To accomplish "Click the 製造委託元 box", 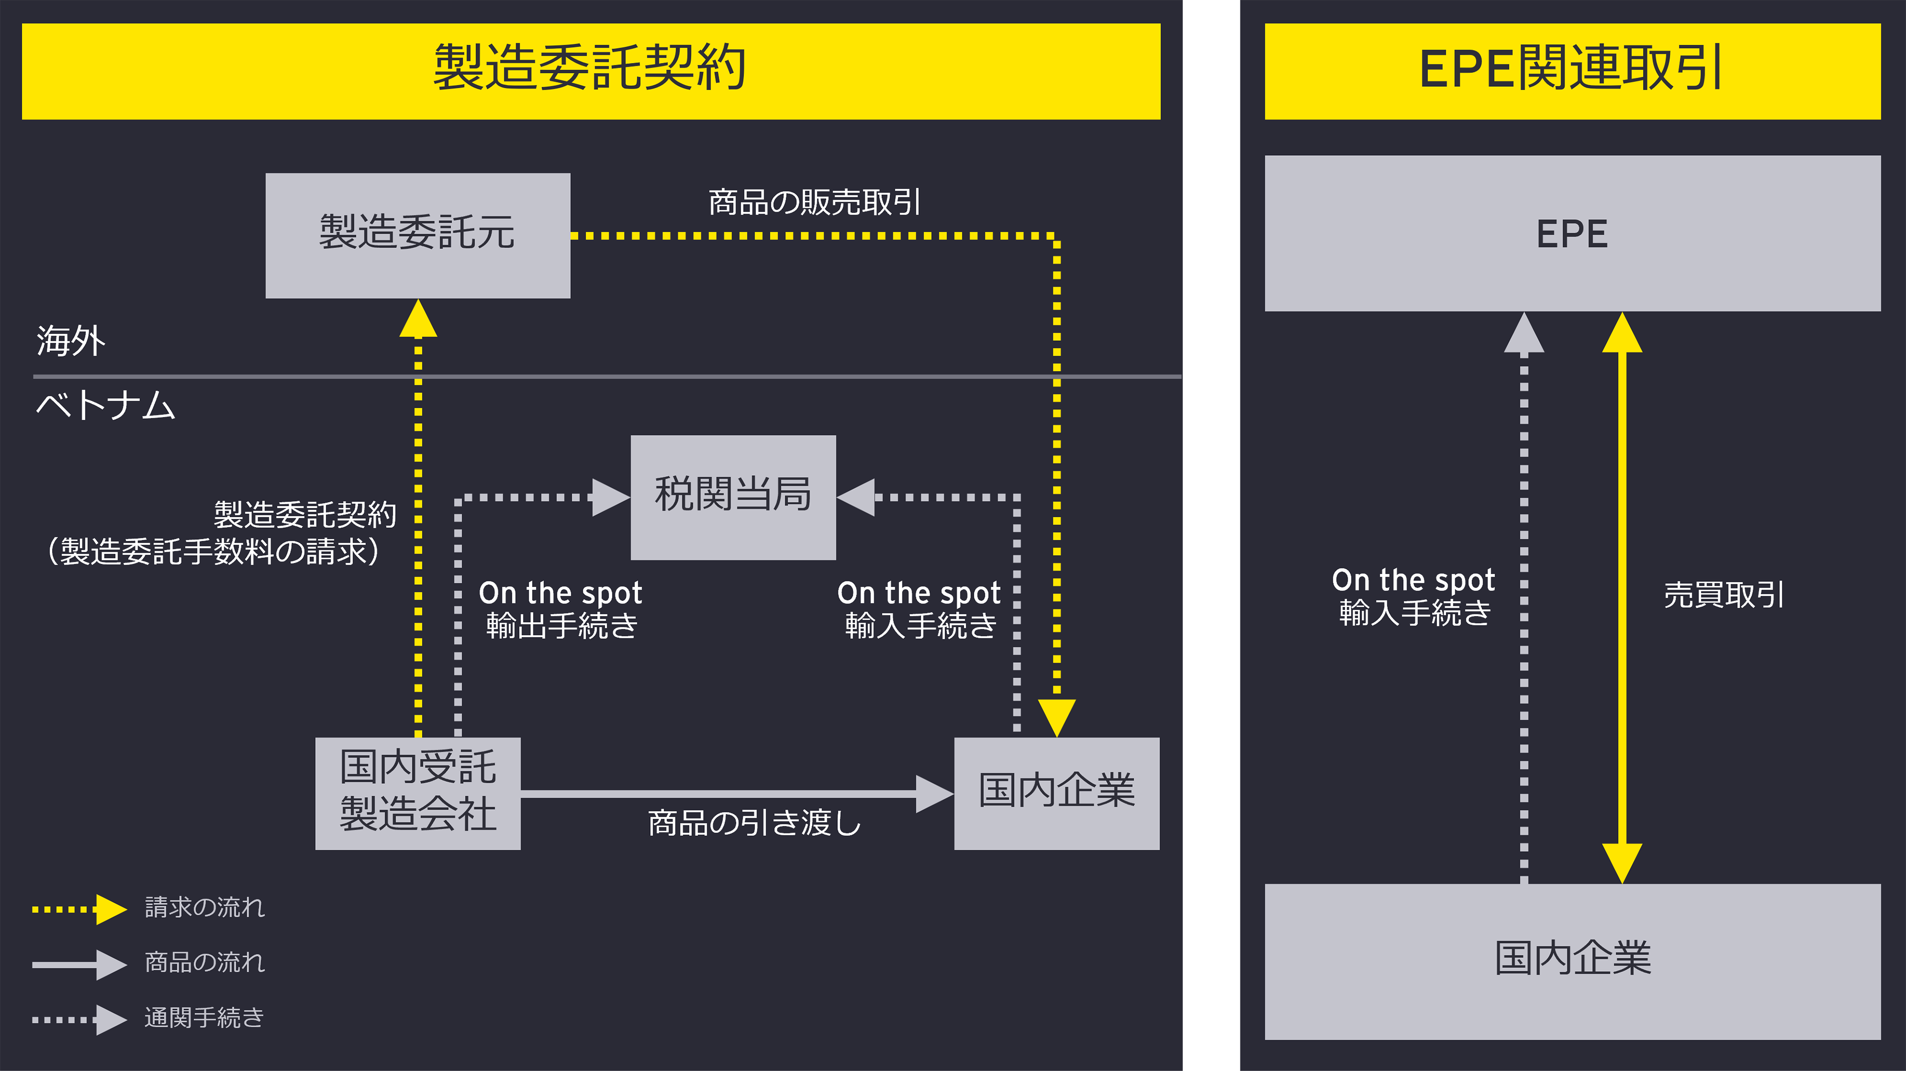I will point(417,235).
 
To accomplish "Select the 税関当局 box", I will point(733,497).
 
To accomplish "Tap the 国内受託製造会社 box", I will point(417,793).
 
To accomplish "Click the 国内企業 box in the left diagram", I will point(1057,793).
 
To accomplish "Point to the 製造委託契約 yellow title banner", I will point(591,71).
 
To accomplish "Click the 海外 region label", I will point(71,341).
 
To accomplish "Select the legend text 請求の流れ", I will point(204,907).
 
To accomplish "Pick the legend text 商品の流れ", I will point(204,962).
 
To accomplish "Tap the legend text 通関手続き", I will point(204,1018).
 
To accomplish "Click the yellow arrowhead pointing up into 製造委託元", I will point(418,319).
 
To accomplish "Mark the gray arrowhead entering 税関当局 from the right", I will point(857,497).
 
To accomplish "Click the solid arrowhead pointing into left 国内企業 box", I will point(934,794).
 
